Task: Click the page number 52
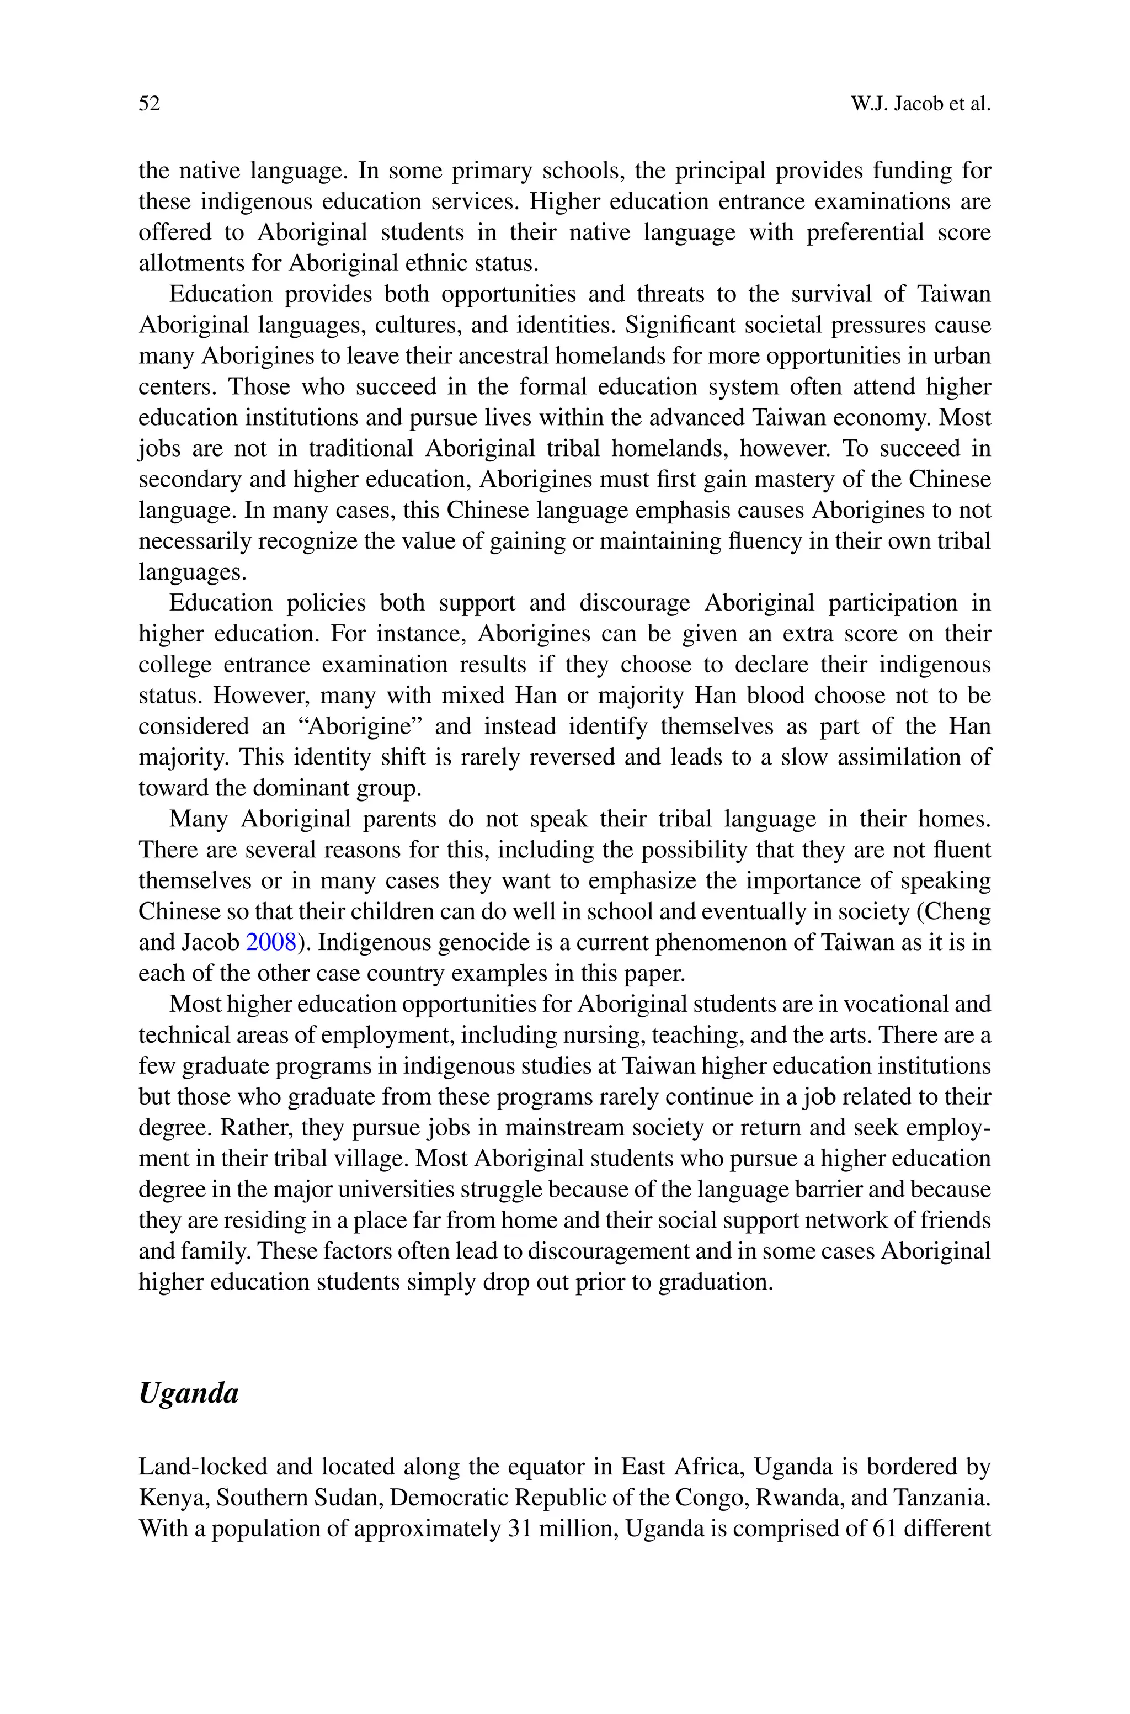point(149,104)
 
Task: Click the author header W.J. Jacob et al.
point(920,104)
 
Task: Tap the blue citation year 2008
point(271,942)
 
